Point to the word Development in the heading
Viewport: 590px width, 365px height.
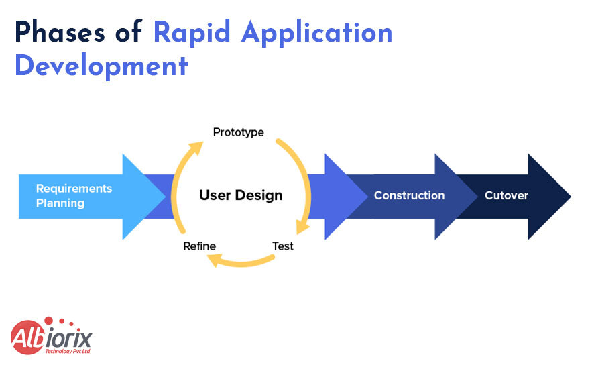pos(101,67)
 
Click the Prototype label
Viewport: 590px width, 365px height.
pos(238,132)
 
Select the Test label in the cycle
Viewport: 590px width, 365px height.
pos(283,246)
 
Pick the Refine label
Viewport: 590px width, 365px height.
pos(199,246)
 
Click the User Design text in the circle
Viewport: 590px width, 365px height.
pos(241,196)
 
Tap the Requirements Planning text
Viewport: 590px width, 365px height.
pos(74,195)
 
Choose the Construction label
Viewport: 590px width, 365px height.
pos(409,196)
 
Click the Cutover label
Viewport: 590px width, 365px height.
pos(506,196)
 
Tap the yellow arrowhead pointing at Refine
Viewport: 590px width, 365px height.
pos(214,260)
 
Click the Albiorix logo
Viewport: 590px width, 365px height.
pos(51,336)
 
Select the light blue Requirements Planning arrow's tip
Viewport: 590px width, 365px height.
pos(164,197)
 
